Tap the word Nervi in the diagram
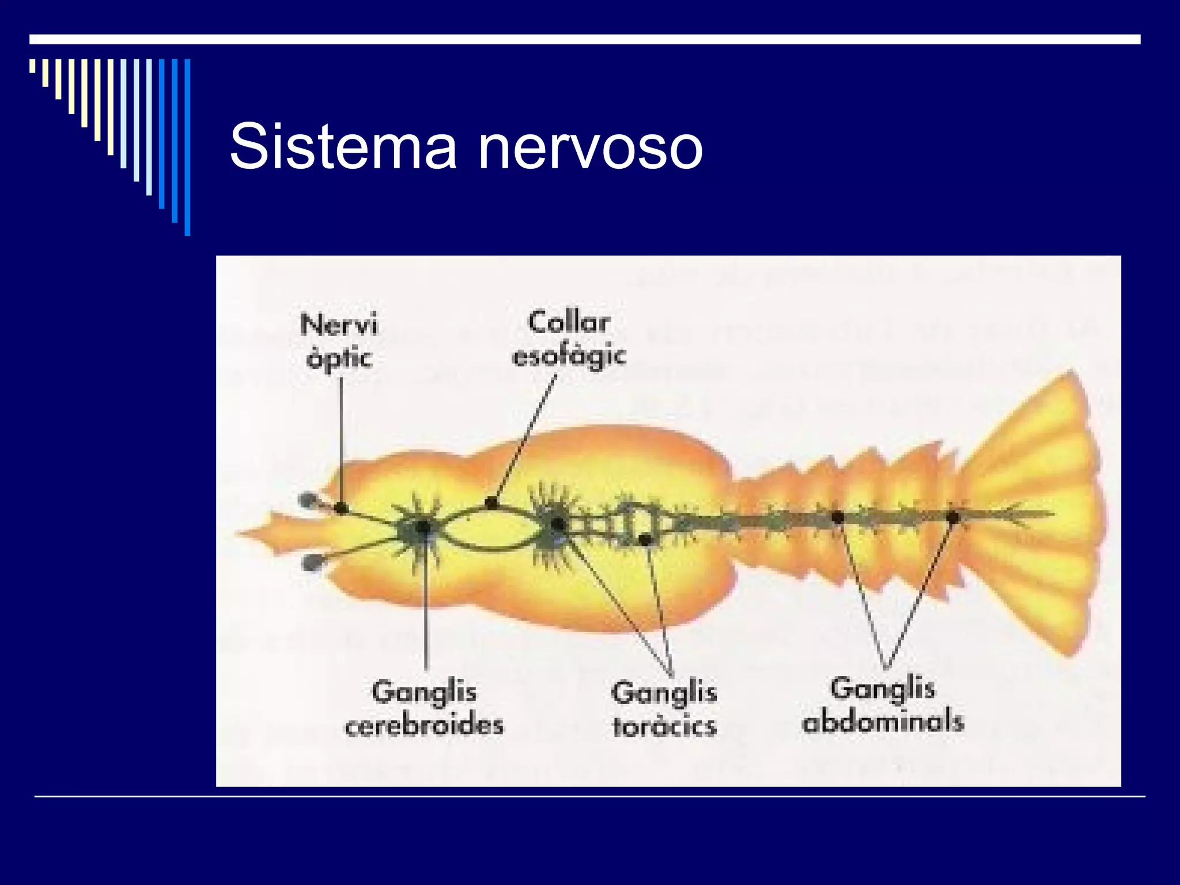339,325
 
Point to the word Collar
569,323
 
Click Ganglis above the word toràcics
664,693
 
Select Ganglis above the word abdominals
882,689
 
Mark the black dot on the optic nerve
341,508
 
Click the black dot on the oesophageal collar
491,504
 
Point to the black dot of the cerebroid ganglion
423,527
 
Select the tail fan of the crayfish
1037,513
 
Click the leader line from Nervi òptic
341,438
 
